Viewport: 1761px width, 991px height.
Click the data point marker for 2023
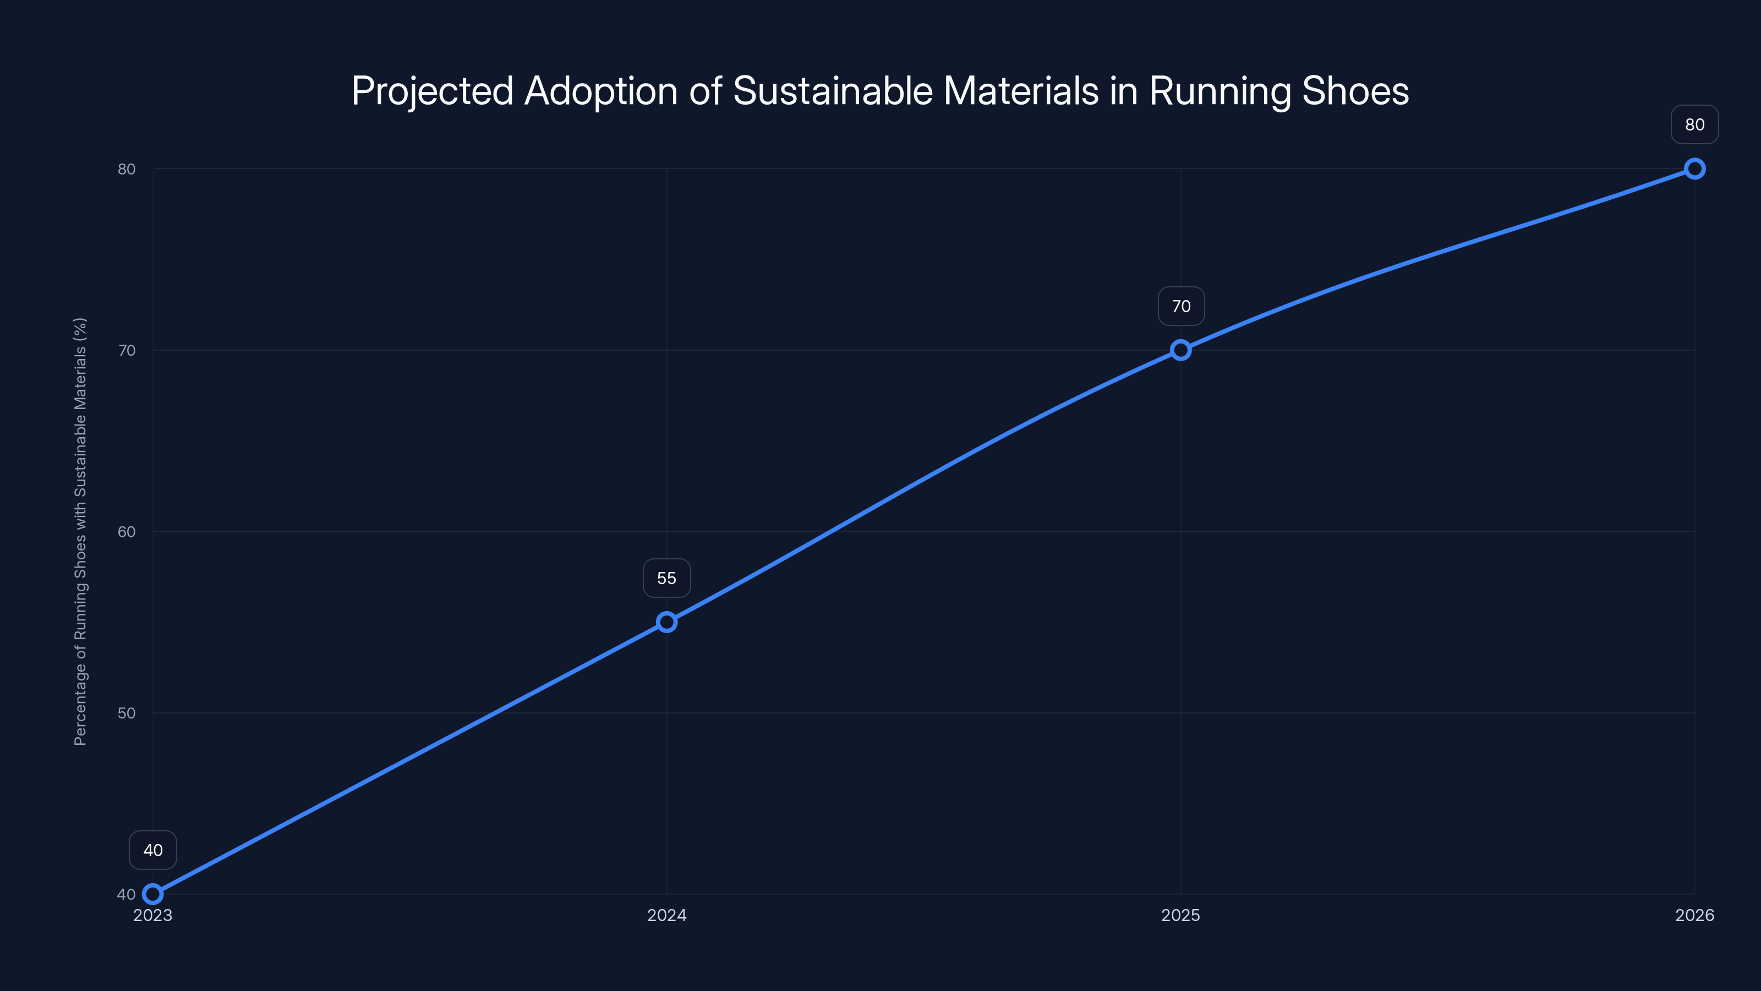(152, 894)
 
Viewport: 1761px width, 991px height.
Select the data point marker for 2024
(666, 622)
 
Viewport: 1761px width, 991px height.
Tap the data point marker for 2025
(1180, 350)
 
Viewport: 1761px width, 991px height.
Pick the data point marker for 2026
(1695, 169)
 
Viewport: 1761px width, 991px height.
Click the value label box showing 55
(666, 578)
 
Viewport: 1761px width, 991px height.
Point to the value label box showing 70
(1180, 307)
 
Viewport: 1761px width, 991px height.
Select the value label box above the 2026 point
(1695, 124)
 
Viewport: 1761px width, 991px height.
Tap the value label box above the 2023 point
(152, 850)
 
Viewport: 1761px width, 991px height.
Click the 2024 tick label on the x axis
(666, 915)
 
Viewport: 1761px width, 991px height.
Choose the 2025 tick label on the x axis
(1180, 915)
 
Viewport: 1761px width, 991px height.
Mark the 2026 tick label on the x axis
(1695, 915)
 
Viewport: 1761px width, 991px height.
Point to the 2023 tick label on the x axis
(152, 915)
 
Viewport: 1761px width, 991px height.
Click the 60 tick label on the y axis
(127, 531)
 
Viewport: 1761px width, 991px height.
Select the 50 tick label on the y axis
(127, 712)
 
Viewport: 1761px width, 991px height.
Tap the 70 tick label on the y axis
(127, 350)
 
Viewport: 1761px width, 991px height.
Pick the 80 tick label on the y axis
(127, 169)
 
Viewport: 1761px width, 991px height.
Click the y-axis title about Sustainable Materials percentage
(80, 531)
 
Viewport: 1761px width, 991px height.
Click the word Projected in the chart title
(432, 91)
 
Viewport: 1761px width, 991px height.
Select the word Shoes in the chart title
(1355, 91)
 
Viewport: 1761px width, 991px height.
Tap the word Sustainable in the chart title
(833, 91)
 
